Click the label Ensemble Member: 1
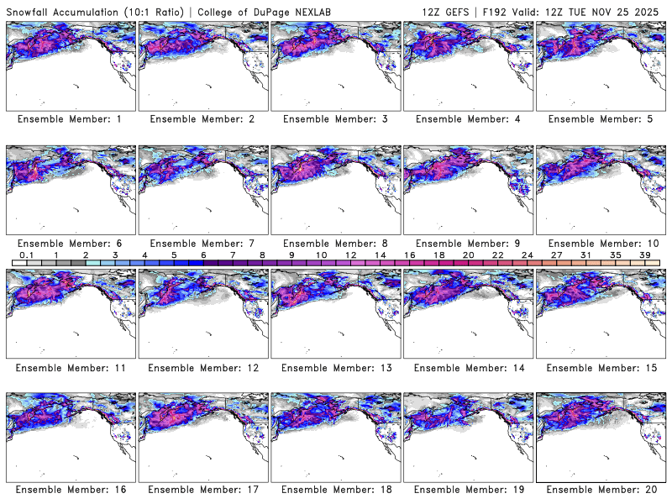69,119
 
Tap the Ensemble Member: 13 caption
334,367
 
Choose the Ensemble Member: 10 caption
599,244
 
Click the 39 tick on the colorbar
644,255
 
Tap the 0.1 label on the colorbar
27,255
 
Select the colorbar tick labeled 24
527,255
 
